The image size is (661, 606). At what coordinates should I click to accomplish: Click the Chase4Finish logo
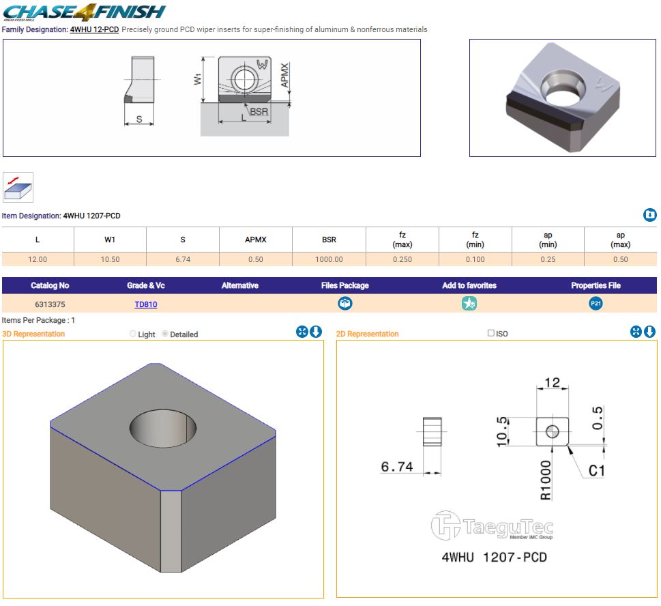point(85,12)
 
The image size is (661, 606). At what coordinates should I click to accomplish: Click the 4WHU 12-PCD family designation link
point(94,29)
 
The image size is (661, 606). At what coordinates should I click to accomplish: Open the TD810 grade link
point(146,304)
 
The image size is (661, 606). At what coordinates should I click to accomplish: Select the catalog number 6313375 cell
point(50,304)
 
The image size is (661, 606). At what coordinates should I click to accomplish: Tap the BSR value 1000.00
point(329,259)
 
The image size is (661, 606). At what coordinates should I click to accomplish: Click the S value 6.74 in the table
point(183,259)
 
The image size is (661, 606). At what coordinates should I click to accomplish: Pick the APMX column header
point(255,240)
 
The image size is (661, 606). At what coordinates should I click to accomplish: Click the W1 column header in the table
point(110,240)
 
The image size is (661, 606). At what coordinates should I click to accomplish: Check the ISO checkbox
point(490,333)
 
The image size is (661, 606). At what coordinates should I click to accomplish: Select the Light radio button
point(133,334)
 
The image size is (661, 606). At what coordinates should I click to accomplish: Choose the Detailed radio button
point(165,334)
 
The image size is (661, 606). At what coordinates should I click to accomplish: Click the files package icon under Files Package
point(345,303)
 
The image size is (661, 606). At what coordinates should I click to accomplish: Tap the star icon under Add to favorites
point(469,303)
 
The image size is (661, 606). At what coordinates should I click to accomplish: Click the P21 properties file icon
point(596,303)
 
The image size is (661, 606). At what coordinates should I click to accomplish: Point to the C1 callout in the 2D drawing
point(596,470)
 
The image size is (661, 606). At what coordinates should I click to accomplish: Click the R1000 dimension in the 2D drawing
point(545,480)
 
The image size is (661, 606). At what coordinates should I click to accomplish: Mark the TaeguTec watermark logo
point(492,525)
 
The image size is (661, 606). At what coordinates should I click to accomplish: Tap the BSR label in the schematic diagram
point(259,111)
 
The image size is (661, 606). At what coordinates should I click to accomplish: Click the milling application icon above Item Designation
point(18,187)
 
